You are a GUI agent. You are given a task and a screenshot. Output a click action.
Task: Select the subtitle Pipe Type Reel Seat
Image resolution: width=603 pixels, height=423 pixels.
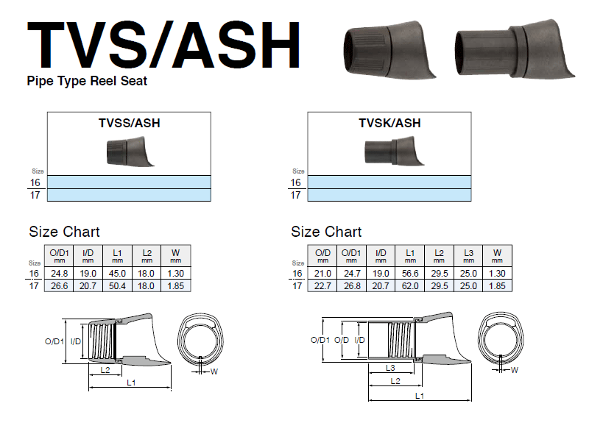point(87,81)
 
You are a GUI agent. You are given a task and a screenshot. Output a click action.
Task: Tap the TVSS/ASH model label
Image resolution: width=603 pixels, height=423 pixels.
point(130,123)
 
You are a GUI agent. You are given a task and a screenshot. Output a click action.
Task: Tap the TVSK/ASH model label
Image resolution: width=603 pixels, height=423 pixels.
point(389,123)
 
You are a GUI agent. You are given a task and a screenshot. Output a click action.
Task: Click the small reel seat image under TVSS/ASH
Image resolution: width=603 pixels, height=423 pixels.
point(130,153)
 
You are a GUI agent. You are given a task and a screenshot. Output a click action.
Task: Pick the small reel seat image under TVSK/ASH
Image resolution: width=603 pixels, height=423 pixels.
point(389,153)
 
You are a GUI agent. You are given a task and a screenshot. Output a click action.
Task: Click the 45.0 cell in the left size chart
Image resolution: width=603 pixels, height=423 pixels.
point(117,273)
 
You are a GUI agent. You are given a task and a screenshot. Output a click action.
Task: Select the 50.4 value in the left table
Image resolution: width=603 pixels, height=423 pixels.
point(117,285)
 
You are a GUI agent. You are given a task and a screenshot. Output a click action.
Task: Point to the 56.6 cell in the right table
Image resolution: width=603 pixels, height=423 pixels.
point(409,273)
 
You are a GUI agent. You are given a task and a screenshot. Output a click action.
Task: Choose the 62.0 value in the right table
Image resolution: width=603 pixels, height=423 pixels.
point(409,285)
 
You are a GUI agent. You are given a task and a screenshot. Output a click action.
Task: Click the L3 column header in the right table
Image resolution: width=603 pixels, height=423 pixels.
point(468,252)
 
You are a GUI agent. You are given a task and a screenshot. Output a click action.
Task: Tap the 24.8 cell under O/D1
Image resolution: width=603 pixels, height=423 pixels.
point(59,273)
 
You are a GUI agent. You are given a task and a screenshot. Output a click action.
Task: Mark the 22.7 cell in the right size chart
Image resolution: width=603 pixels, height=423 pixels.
point(322,285)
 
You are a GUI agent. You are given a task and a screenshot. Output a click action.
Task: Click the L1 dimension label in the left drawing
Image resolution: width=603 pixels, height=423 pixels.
point(131,383)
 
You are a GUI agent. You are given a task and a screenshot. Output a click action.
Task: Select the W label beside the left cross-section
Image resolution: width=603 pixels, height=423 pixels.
point(214,372)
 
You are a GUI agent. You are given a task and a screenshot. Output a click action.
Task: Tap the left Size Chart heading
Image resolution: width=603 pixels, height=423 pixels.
point(64,232)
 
